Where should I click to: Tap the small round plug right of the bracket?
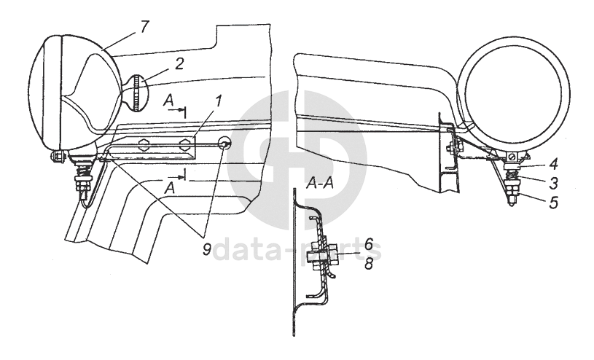pos(224,144)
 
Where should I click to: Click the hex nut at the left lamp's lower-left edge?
pos(57,156)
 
